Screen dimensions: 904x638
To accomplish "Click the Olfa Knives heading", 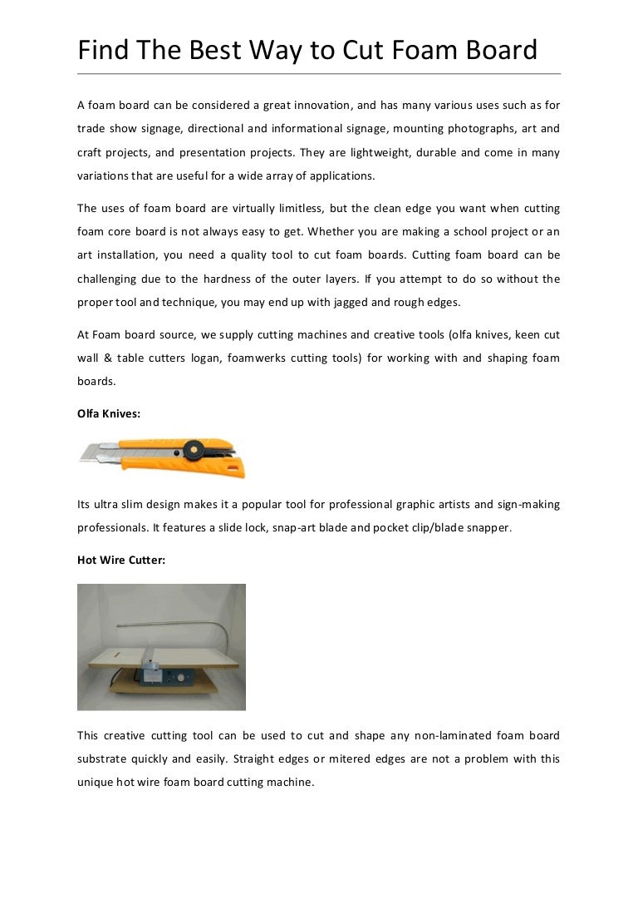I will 109,413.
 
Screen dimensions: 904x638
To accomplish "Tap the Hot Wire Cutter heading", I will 121,561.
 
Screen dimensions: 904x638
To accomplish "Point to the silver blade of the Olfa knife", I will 96,454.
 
